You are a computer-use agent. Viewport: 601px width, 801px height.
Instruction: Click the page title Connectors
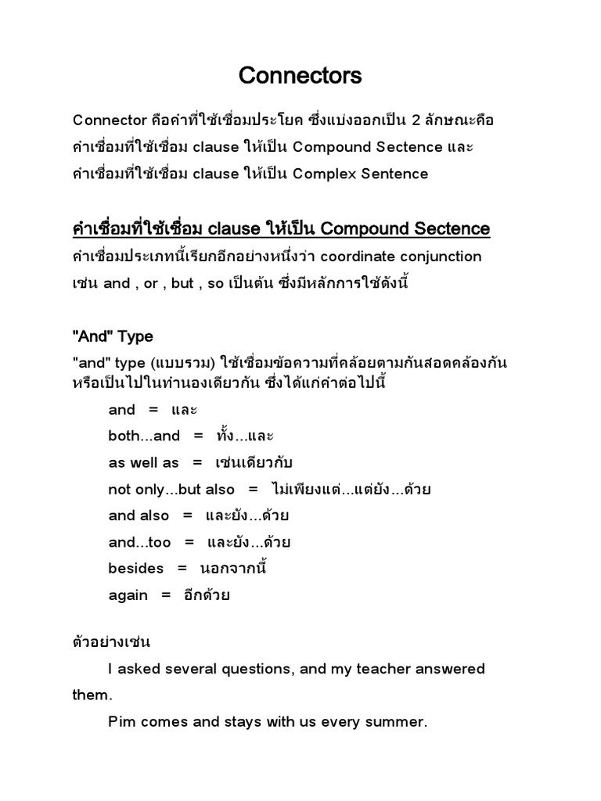pyautogui.click(x=300, y=76)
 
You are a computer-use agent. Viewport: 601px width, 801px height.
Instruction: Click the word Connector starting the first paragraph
pyautogui.click(x=110, y=120)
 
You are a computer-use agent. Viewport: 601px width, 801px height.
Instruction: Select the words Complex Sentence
pyautogui.click(x=361, y=174)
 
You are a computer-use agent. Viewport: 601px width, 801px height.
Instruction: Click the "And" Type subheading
pyautogui.click(x=113, y=337)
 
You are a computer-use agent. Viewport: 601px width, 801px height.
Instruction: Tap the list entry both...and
pyautogui.click(x=144, y=436)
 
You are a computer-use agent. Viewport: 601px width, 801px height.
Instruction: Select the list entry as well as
pyautogui.click(x=144, y=462)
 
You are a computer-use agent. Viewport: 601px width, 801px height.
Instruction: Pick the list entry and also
pyautogui.click(x=139, y=515)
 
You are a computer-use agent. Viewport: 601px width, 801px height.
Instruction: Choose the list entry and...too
pyautogui.click(x=139, y=542)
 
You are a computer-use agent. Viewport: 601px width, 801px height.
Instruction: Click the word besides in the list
pyautogui.click(x=136, y=569)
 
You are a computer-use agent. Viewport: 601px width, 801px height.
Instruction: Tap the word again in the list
pyautogui.click(x=128, y=595)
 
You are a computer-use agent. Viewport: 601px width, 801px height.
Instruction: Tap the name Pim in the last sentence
pyautogui.click(x=121, y=722)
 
